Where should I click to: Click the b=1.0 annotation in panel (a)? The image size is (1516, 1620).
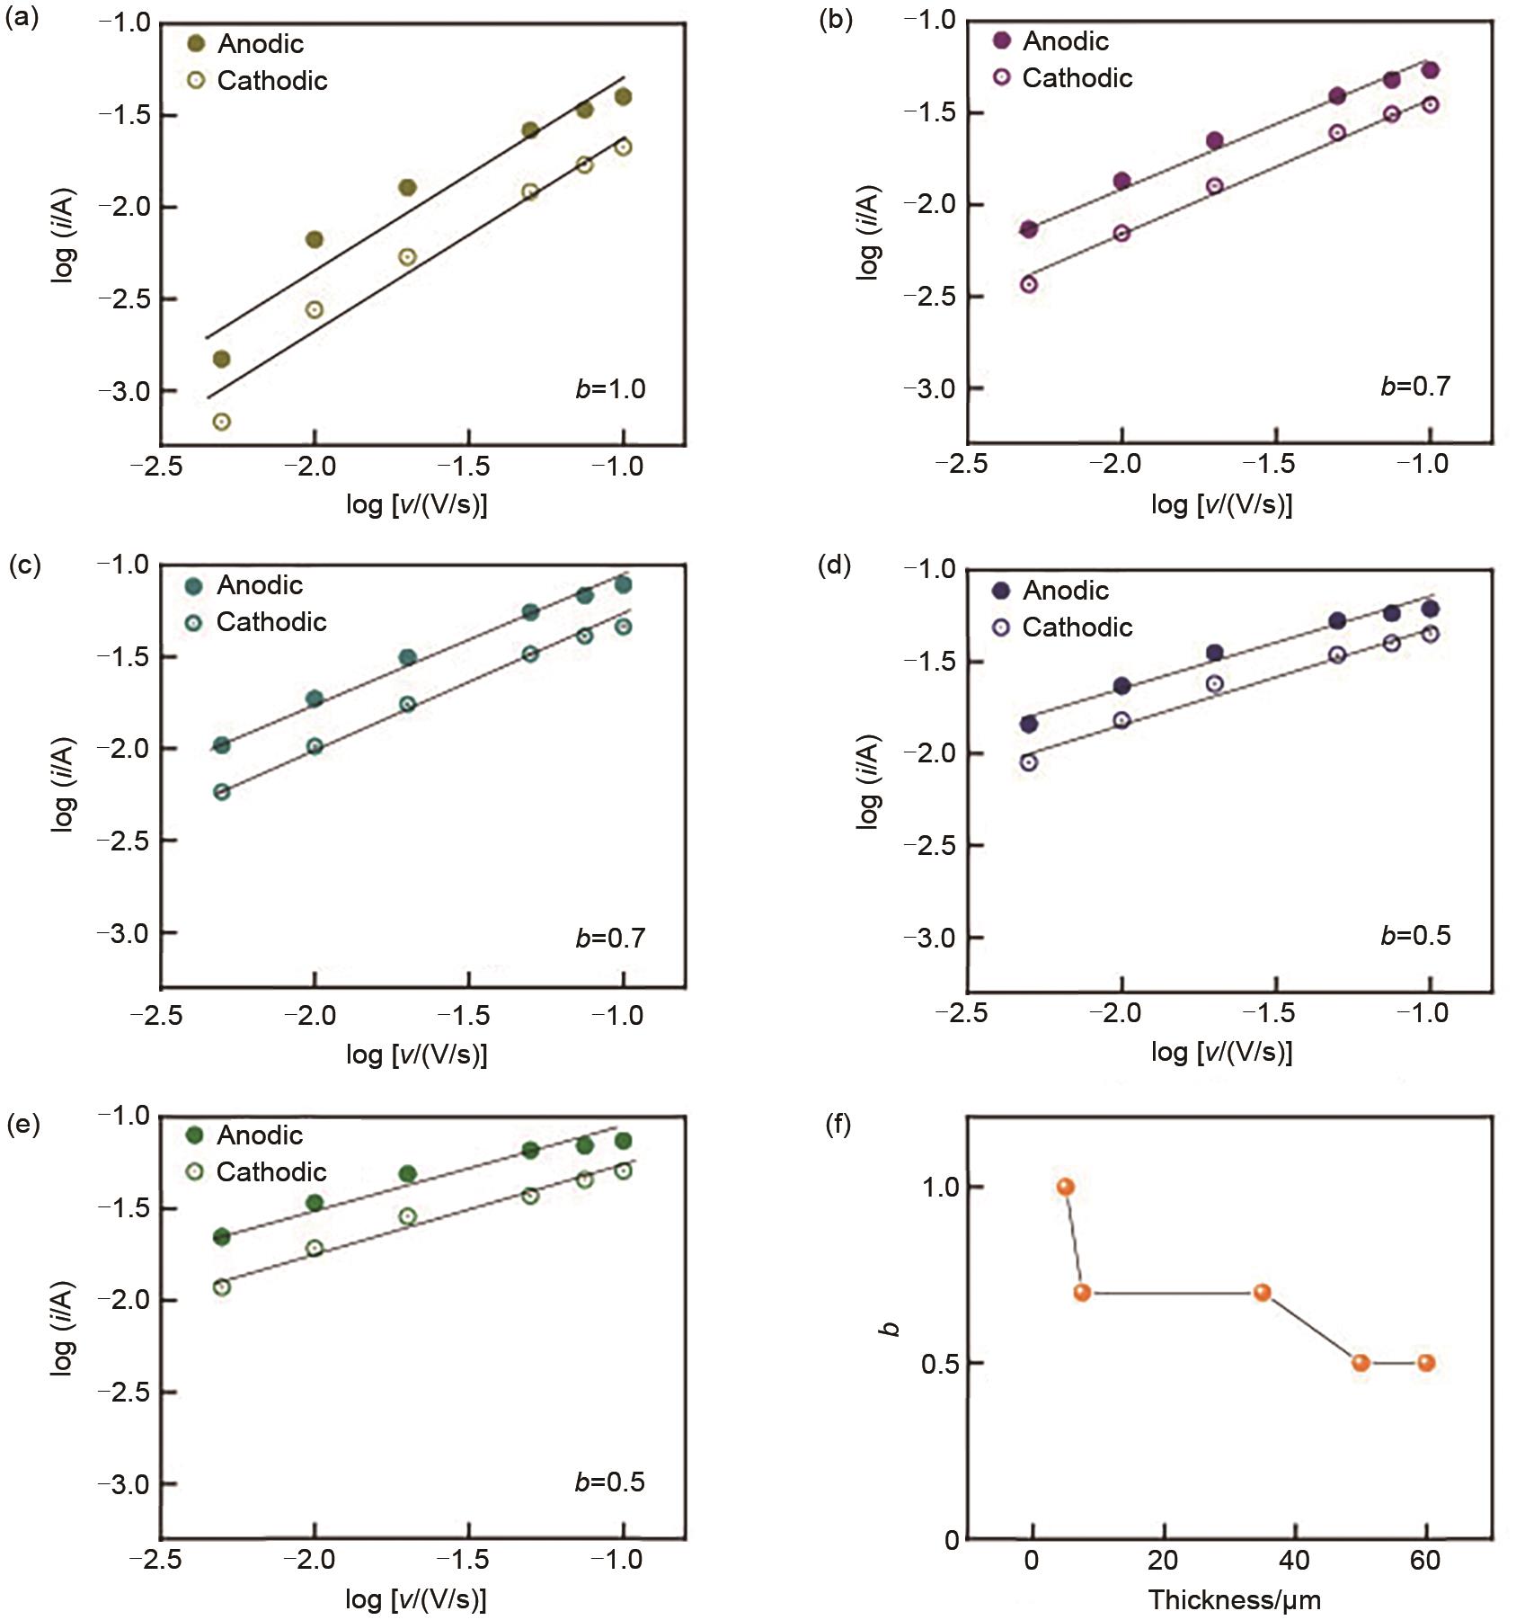(x=610, y=389)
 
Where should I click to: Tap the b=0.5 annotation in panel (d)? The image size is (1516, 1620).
(x=1415, y=936)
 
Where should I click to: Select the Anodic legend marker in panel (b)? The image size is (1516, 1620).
(x=1002, y=40)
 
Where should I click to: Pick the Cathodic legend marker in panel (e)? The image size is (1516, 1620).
(x=196, y=1171)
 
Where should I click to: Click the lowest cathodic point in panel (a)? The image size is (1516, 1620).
(x=221, y=422)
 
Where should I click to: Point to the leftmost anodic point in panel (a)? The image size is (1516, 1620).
(x=221, y=360)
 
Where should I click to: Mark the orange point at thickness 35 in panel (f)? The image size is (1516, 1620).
(x=1262, y=1293)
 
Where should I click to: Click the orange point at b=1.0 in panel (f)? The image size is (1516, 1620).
(x=1066, y=1188)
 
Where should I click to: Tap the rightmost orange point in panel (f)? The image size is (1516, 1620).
(x=1426, y=1363)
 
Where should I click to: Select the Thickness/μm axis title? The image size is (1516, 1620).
(x=1234, y=1600)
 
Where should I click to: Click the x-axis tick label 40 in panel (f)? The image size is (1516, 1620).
(x=1294, y=1561)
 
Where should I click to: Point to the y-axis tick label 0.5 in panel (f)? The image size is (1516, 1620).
(x=940, y=1364)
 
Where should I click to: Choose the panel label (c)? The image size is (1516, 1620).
(x=24, y=565)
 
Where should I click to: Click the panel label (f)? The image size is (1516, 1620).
(x=837, y=1125)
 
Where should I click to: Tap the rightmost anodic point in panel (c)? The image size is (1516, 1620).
(x=623, y=585)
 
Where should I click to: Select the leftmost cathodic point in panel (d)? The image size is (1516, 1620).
(x=1029, y=762)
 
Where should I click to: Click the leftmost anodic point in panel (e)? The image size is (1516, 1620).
(x=221, y=1237)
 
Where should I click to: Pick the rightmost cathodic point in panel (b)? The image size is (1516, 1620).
(x=1430, y=105)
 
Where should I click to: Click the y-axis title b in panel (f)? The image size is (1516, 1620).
(x=891, y=1329)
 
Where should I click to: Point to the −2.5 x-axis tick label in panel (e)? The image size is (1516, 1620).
(x=155, y=1560)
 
